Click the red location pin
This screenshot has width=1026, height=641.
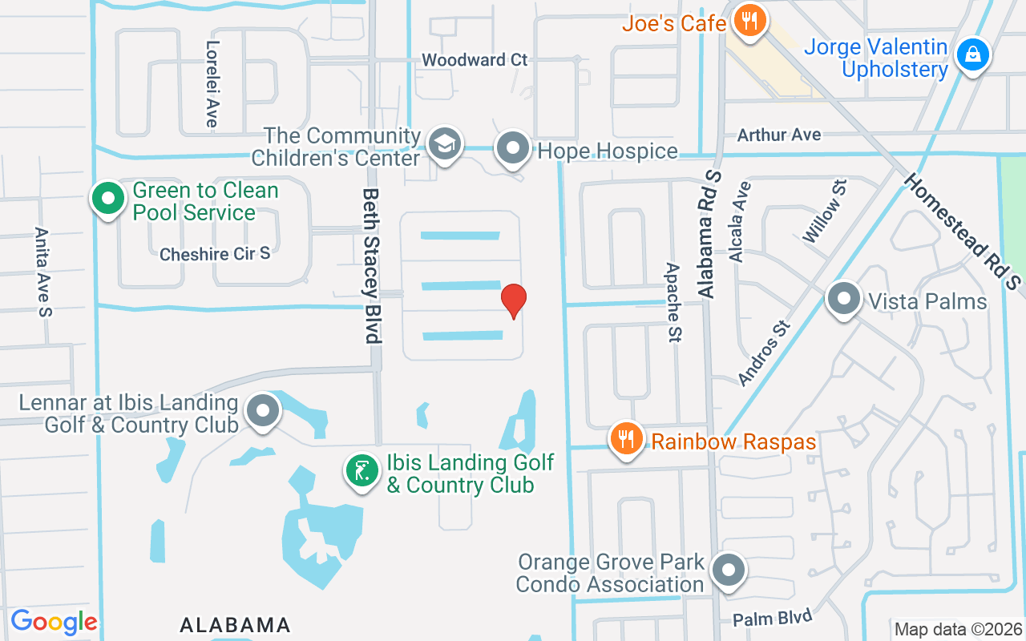pos(514,300)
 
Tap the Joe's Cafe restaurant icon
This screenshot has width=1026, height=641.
pos(750,20)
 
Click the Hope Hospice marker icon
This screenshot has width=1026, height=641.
pos(512,148)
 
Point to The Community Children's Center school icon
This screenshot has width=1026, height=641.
pos(442,144)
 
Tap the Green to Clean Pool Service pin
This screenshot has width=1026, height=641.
pos(107,198)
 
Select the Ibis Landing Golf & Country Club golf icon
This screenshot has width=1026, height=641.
pos(362,470)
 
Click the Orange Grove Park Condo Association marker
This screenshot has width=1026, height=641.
pos(729,572)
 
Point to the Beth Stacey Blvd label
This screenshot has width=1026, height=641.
pos(371,265)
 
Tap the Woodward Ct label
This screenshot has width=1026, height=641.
pos(475,60)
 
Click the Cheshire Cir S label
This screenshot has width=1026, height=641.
pos(215,254)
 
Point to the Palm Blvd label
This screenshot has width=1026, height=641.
pos(773,619)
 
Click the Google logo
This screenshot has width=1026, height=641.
pos(54,622)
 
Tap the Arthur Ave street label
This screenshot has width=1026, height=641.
pos(779,135)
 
